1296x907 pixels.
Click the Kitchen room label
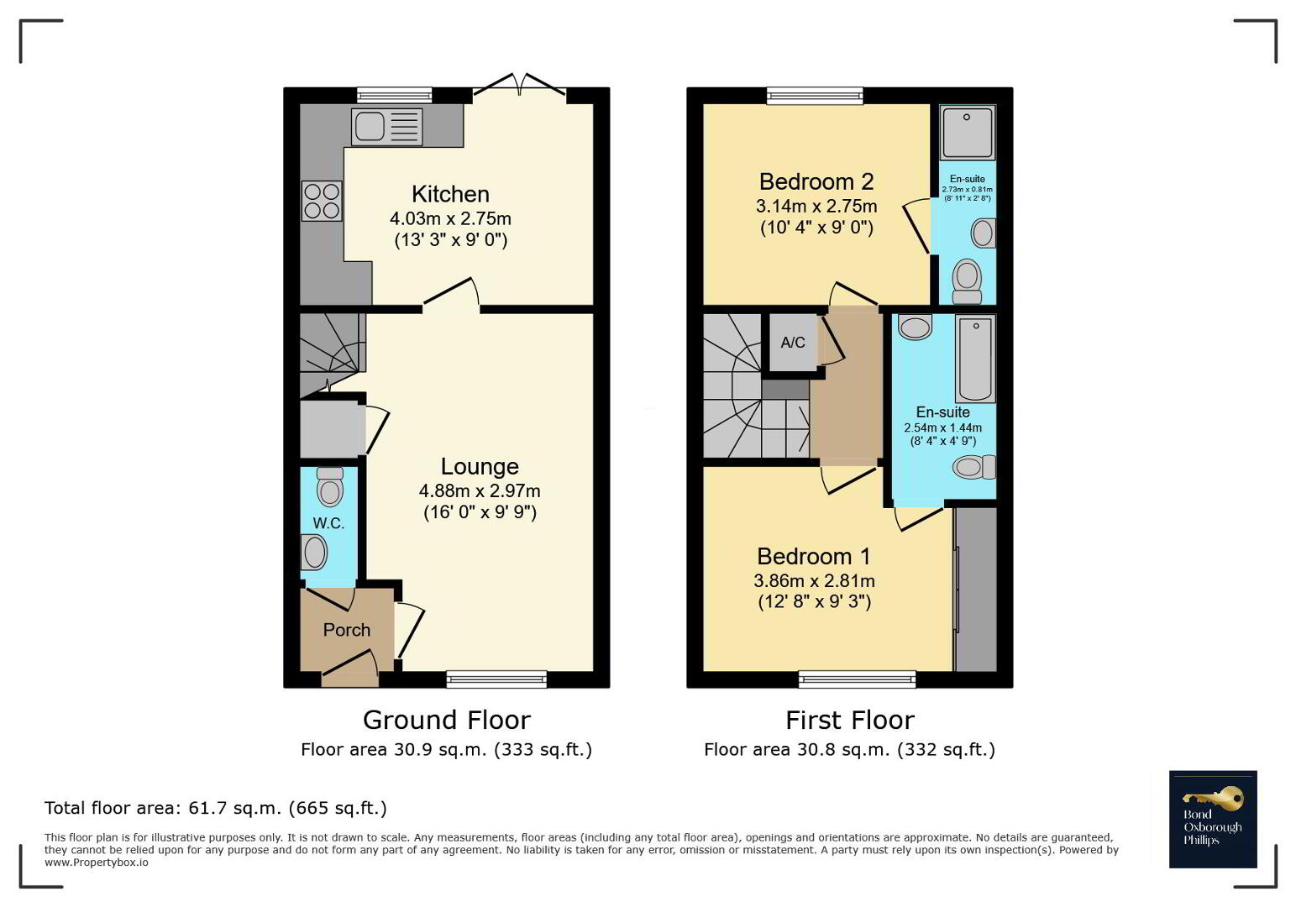click(450, 194)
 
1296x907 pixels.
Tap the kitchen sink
click(386, 128)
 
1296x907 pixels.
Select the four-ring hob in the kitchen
click(322, 201)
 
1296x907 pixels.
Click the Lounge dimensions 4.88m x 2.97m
click(480, 491)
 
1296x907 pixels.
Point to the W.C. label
click(328, 523)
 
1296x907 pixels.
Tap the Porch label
click(347, 630)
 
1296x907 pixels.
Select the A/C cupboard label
click(793, 343)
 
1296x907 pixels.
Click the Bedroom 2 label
click(816, 181)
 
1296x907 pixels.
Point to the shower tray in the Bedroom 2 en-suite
click(968, 133)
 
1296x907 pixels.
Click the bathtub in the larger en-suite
click(975, 359)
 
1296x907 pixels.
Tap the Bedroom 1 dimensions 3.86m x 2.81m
click(814, 581)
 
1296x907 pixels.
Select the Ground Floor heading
click(447, 721)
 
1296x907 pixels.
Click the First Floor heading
click(850, 721)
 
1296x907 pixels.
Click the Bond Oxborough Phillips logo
click(1213, 819)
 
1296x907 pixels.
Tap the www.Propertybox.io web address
click(97, 862)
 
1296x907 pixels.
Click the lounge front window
click(496, 679)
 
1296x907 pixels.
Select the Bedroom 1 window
click(857, 679)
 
